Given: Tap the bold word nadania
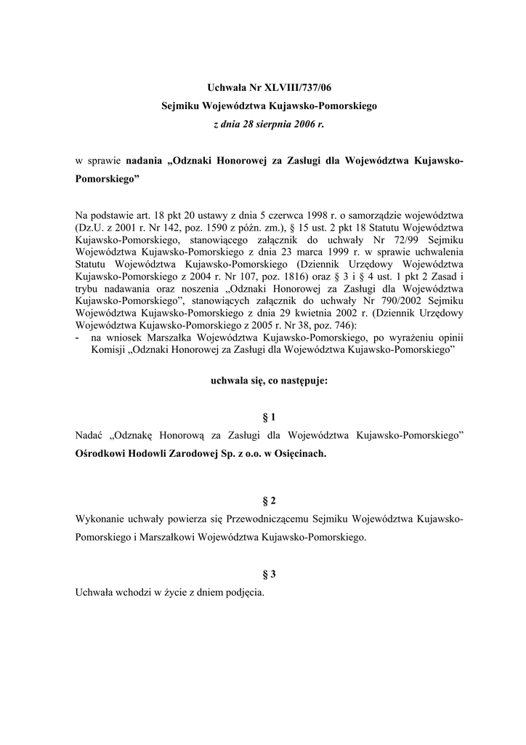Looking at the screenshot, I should [x=144, y=159].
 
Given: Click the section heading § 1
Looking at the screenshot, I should [x=269, y=417].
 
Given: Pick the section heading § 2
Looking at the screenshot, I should [x=269, y=501].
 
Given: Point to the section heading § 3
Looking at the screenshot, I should [x=269, y=574].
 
